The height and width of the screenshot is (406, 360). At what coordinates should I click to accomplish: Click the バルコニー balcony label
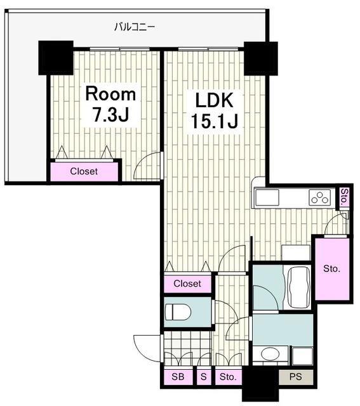click(135, 27)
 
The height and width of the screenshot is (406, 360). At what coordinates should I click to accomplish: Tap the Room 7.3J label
click(110, 105)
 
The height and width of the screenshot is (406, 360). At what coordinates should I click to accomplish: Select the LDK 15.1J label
click(215, 110)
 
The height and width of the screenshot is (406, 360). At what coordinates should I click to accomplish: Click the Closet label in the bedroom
click(84, 171)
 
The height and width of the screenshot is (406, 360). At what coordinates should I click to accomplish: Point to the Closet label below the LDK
click(187, 284)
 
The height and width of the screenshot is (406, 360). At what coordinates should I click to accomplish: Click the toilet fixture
click(178, 312)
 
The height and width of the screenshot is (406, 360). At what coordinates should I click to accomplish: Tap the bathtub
click(298, 287)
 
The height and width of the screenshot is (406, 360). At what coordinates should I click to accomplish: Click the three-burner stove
click(320, 197)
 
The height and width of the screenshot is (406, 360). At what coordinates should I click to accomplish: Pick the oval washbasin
click(270, 353)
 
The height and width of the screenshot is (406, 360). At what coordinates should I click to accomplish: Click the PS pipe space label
click(296, 376)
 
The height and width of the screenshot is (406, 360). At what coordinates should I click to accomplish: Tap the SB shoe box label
click(178, 376)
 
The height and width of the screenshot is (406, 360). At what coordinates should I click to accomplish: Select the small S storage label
click(204, 376)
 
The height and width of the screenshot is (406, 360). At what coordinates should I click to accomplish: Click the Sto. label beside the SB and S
click(228, 376)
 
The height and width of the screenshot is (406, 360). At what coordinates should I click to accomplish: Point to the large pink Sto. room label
click(331, 269)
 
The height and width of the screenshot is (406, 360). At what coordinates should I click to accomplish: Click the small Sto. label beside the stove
click(344, 197)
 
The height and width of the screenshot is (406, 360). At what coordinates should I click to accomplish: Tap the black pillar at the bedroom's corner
click(56, 58)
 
